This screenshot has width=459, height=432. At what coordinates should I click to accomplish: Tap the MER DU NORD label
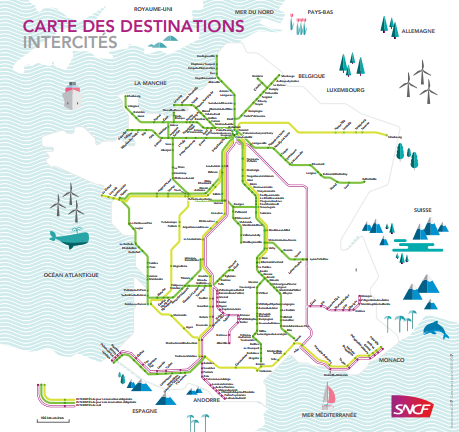[256, 10]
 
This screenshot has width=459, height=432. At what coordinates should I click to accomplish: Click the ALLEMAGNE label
[417, 31]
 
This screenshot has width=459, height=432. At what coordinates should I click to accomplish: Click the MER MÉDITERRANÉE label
[329, 412]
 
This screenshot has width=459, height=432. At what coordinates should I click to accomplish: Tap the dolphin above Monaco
[433, 330]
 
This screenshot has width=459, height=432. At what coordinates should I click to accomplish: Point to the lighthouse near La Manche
[71, 95]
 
